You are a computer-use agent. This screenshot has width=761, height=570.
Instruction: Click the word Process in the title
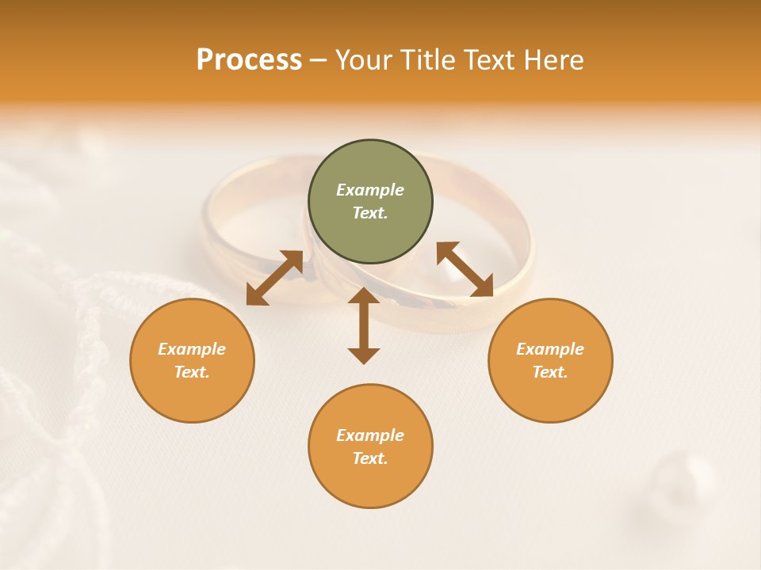click(x=249, y=60)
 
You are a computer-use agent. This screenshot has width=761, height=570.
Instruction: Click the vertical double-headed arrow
click(x=364, y=325)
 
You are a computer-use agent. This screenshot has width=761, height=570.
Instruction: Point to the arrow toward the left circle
click(x=274, y=277)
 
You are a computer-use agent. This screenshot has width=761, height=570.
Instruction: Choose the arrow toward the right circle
click(x=465, y=270)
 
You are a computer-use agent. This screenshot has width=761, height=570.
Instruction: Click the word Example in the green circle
click(x=370, y=190)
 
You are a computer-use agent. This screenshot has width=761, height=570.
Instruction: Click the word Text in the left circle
click(x=192, y=372)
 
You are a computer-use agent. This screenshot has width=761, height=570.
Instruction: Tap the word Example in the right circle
click(x=550, y=349)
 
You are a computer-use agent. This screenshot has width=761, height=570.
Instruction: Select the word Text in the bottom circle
click(x=370, y=458)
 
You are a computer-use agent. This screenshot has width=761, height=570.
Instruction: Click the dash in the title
click(x=318, y=60)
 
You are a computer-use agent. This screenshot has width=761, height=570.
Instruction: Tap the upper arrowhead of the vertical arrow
click(x=364, y=296)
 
